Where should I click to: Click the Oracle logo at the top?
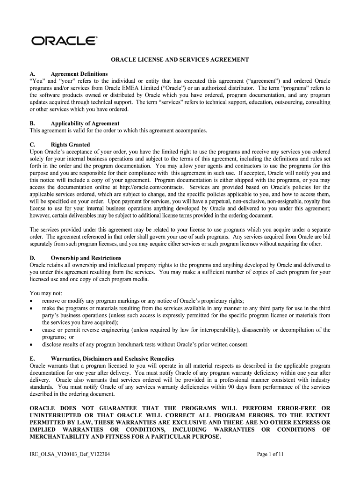tap(64, 41)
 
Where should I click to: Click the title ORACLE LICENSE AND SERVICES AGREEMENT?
tap(180, 60)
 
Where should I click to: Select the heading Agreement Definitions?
tap(79, 74)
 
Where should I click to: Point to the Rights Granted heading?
tap(70, 145)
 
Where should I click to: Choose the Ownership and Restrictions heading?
tap(86, 258)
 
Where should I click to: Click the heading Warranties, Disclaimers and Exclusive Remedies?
tap(112, 358)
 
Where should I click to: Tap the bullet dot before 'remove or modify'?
tap(31, 301)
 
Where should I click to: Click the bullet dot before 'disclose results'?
tap(31, 345)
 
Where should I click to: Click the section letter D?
tap(32, 258)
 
